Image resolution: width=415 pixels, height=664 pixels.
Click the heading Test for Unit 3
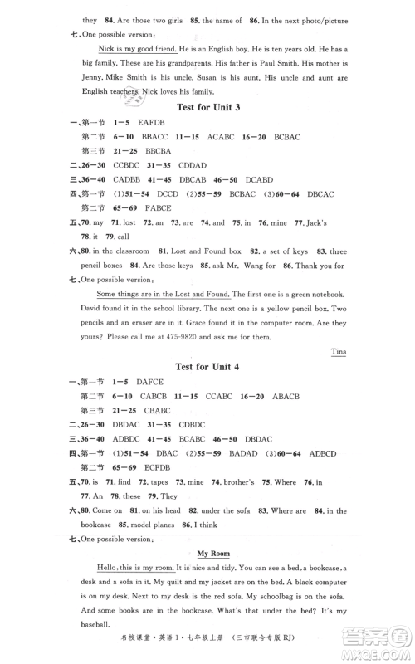click(x=207, y=108)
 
